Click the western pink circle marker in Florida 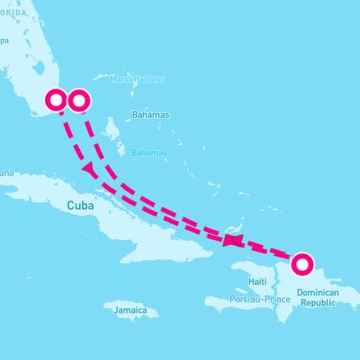pos(57,100)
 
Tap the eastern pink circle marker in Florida pos(79,100)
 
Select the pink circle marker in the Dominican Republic pos(301,263)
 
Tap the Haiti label pos(256,281)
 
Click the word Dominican pos(318,292)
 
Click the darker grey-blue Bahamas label pos(150,115)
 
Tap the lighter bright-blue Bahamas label pos(149,152)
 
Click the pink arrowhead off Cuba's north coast pos(90,169)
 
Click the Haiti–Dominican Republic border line pos(277,289)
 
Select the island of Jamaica pos(127,310)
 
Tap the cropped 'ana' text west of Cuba pos(6,174)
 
